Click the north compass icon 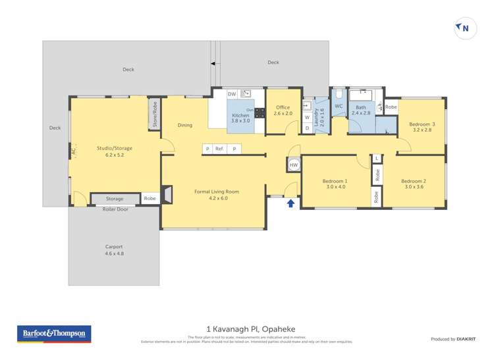464,28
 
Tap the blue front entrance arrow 290,203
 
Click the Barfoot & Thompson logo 54,334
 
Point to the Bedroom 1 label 335,184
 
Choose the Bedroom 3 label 422,127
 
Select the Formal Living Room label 217,195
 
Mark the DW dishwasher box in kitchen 232,95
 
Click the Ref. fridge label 219,149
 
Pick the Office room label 283,111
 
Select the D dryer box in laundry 307,128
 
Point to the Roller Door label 115,209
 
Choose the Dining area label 185,125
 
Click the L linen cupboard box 377,159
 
